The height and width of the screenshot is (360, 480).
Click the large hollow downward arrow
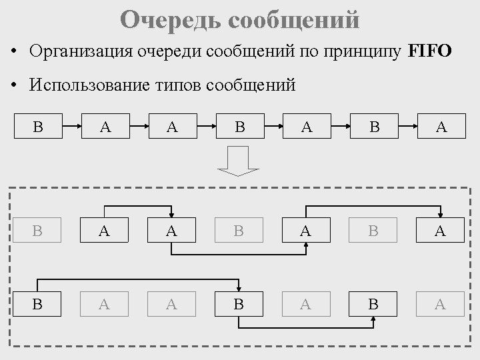(239, 161)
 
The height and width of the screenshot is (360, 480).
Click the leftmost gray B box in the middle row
(38, 231)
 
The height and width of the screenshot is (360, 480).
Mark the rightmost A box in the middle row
(441, 231)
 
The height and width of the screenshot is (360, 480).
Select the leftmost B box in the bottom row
(38, 305)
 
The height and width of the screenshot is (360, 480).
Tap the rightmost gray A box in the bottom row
(441, 305)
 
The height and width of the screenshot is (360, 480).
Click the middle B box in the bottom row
(239, 305)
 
